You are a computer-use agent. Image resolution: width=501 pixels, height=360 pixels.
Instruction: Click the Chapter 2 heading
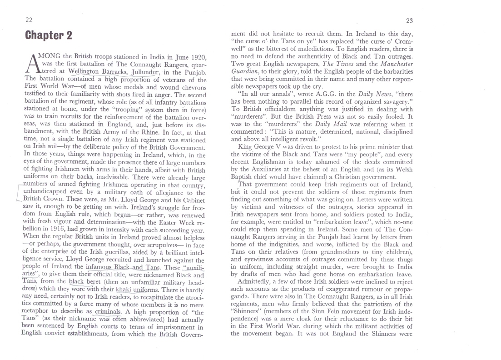(x=49, y=35)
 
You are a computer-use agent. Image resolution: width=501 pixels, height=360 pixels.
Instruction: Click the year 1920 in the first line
(x=198, y=57)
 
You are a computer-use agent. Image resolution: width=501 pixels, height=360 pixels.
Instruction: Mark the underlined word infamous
(x=99, y=268)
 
